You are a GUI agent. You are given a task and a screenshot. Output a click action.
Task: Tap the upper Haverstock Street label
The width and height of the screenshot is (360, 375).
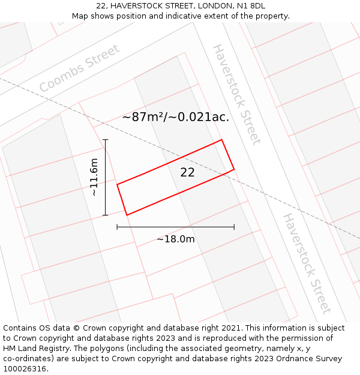click(237, 94)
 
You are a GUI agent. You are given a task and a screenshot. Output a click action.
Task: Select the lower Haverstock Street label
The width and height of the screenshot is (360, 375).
click(307, 263)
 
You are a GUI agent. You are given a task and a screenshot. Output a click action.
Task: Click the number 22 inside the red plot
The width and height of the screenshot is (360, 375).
click(187, 172)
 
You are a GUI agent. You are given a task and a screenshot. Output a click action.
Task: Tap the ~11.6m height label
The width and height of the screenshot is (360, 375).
click(94, 177)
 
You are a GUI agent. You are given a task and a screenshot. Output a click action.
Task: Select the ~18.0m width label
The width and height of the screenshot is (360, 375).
click(175, 239)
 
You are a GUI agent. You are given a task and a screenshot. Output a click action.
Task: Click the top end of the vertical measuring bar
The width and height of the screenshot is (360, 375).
click(106, 140)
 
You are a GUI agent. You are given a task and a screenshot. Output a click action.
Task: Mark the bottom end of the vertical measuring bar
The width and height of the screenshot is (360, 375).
click(106, 215)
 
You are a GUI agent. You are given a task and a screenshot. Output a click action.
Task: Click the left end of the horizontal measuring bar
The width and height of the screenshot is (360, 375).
click(117, 227)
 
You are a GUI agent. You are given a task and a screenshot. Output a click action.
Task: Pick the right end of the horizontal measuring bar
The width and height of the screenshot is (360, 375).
click(234, 227)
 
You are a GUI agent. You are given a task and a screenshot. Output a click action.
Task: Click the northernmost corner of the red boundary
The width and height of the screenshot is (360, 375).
click(222, 140)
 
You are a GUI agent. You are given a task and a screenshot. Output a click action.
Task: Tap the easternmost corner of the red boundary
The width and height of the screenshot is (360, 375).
click(234, 169)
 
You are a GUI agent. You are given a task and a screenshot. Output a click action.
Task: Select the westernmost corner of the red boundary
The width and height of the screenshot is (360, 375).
click(117, 184)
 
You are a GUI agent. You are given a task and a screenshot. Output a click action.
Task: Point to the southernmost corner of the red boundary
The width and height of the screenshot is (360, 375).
click(127, 215)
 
